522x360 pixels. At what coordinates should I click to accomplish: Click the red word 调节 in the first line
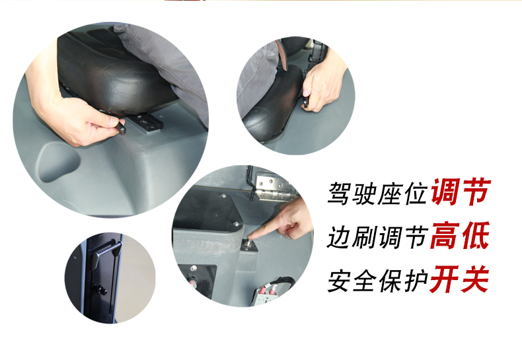coord(461,192)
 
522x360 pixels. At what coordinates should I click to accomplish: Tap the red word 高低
coord(460,236)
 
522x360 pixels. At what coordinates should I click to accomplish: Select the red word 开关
coord(460,279)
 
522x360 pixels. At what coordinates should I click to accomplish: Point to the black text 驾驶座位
coord(377,193)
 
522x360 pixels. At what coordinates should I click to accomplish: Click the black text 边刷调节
coord(377,237)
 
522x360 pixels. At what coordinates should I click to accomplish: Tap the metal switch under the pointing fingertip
coord(248,244)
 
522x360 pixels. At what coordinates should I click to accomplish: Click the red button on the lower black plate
coord(192,283)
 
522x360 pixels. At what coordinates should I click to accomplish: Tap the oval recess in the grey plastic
coord(58,161)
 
